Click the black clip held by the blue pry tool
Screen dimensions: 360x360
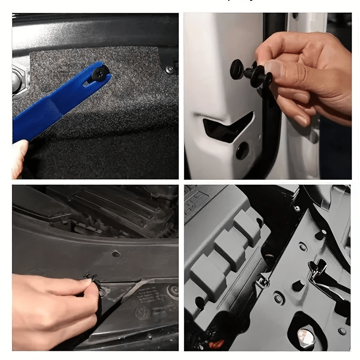pyautogui.click(x=98, y=72)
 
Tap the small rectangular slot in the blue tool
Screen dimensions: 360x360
pyautogui.click(x=86, y=83)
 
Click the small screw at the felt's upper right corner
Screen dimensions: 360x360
pyautogui.click(x=169, y=70)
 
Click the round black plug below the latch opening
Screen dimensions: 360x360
pyautogui.click(x=242, y=150)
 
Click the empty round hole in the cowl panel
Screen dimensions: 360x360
pyautogui.click(x=116, y=253)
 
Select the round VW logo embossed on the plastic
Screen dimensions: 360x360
pyautogui.click(x=143, y=313)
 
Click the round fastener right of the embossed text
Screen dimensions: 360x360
pyautogui.click(x=173, y=290)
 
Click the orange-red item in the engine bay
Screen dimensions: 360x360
pyautogui.click(x=216, y=344)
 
